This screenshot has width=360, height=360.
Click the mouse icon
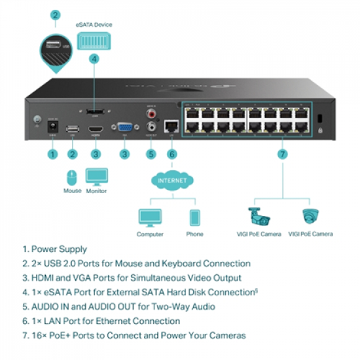click(71, 177)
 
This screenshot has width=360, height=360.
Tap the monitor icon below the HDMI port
click(96, 177)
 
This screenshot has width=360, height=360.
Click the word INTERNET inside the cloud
click(172, 179)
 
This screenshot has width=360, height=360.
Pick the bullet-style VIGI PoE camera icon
click(256, 217)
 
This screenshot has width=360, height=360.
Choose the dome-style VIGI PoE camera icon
click(310, 217)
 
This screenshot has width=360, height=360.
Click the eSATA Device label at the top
click(94, 25)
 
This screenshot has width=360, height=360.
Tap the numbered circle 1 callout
click(53, 154)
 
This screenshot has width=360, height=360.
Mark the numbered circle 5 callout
click(151, 154)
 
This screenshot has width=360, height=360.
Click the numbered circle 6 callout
click(172, 154)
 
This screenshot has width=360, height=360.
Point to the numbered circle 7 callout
click(282, 154)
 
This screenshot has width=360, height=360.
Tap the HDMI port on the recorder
click(97, 128)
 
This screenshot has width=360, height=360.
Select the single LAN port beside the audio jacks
click(172, 125)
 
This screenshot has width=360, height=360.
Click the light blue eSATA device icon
click(94, 41)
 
